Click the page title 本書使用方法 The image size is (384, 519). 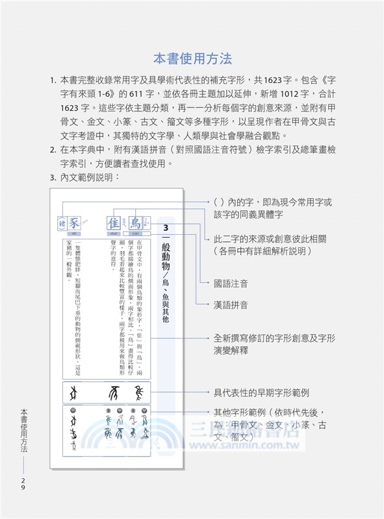click(192, 60)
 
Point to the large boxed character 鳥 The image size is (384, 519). click(135, 221)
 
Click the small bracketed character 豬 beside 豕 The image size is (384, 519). click(60, 222)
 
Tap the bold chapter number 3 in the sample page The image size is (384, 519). click(166, 228)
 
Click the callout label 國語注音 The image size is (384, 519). click(231, 284)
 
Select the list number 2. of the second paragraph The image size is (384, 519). click(53, 150)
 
